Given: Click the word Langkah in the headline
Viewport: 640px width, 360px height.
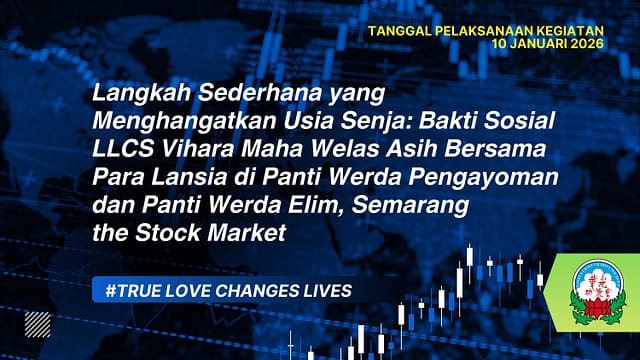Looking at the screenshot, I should (x=128, y=95).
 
